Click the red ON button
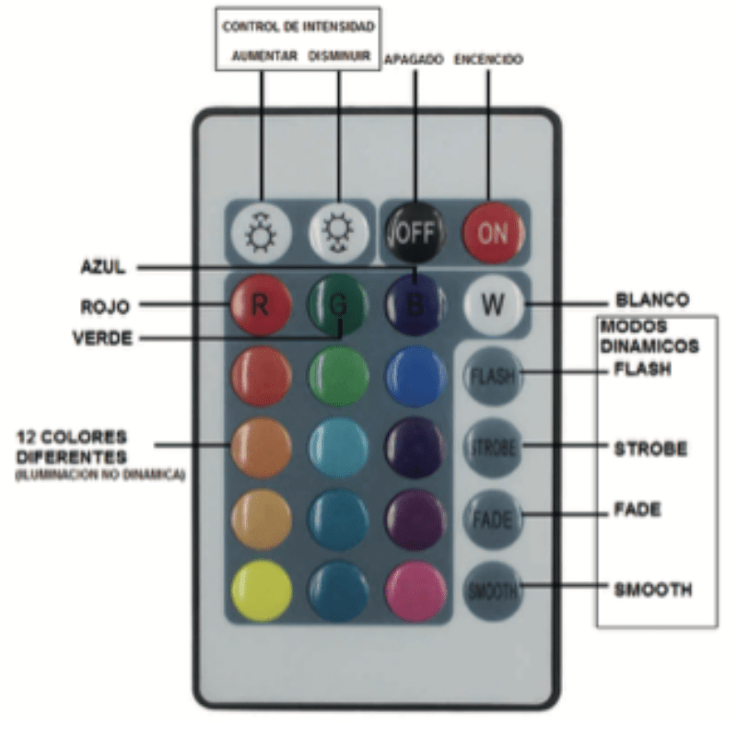tap(492, 231)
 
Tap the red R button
tap(260, 306)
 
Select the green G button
tap(338, 306)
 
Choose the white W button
tap(493, 305)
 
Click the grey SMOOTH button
tap(492, 590)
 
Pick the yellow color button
tap(260, 590)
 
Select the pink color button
tap(415, 590)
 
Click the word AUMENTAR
tap(264, 57)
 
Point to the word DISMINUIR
tap(340, 57)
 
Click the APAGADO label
tap(415, 59)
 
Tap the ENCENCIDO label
tap(489, 59)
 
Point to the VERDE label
tap(101, 338)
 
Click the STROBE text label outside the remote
tap(650, 449)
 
